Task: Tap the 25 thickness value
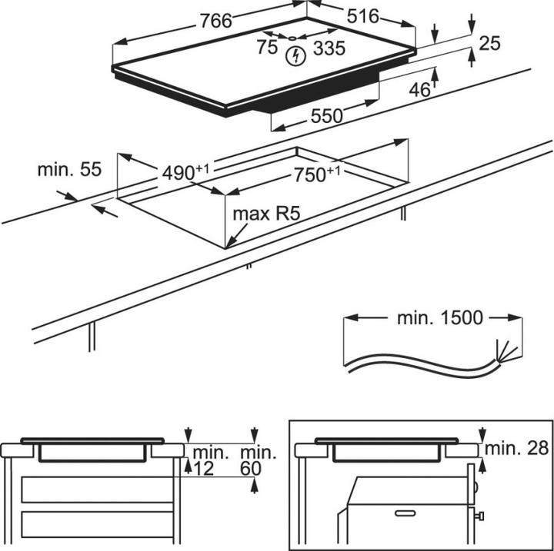pos(489,43)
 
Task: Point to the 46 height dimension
pos(419,89)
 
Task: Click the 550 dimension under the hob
pos(326,116)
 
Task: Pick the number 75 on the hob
pos(267,48)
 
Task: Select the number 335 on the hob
pos(329,49)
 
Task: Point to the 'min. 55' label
pos(69,170)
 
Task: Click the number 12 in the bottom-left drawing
pos(203,467)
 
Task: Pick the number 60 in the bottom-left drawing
pos(251,467)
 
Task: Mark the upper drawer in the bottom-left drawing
pos(96,490)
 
